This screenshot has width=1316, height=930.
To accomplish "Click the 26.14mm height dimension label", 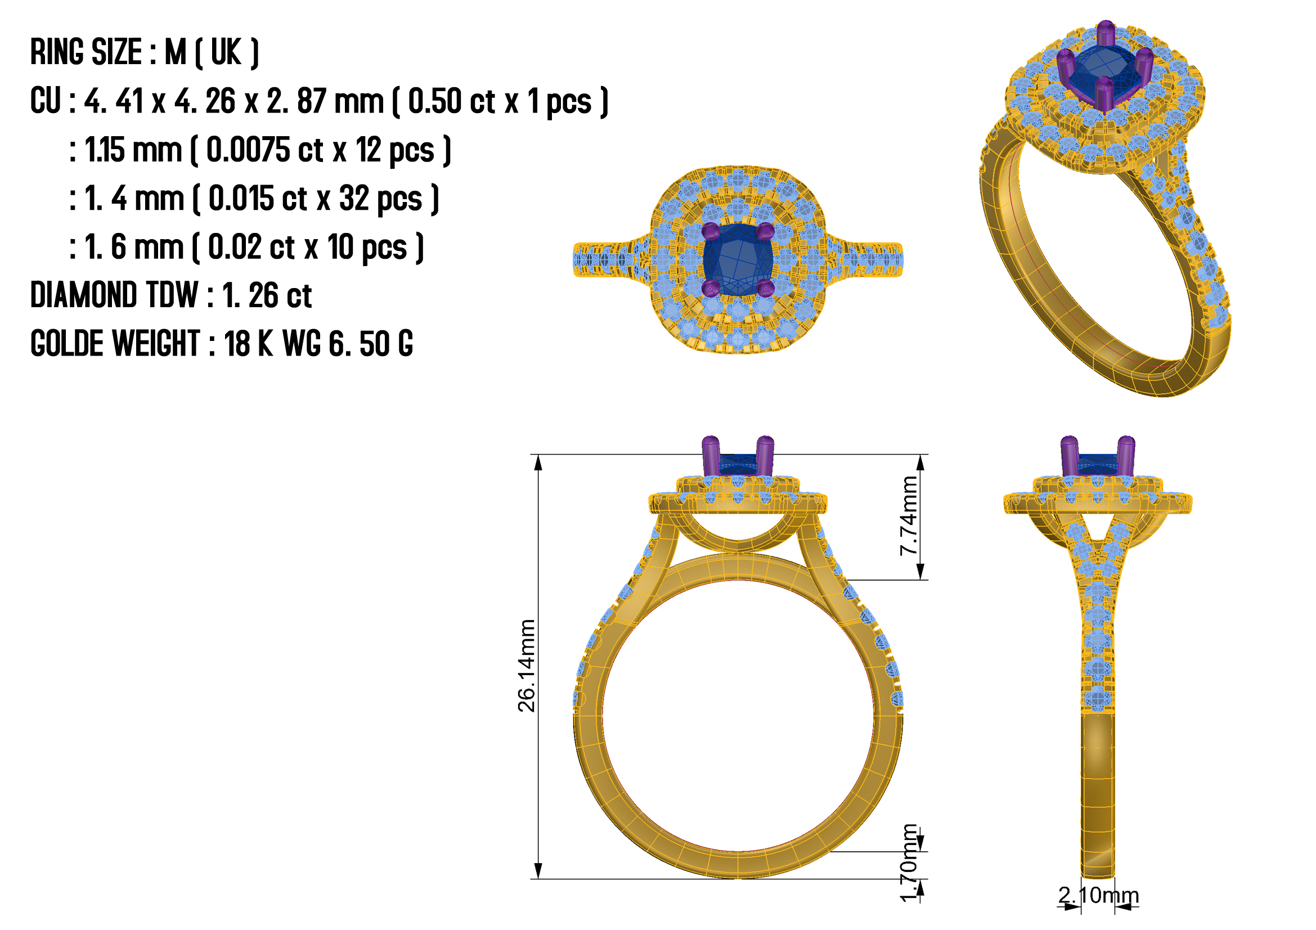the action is pos(526,666).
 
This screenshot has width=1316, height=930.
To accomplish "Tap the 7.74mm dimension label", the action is pos(909,516).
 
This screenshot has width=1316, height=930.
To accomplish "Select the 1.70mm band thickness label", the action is pos(909,863).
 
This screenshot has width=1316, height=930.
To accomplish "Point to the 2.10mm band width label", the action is pos(1098,895).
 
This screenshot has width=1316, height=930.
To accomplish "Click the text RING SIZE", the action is pos(86,52).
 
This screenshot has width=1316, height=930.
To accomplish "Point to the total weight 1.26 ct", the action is pos(267,296).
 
